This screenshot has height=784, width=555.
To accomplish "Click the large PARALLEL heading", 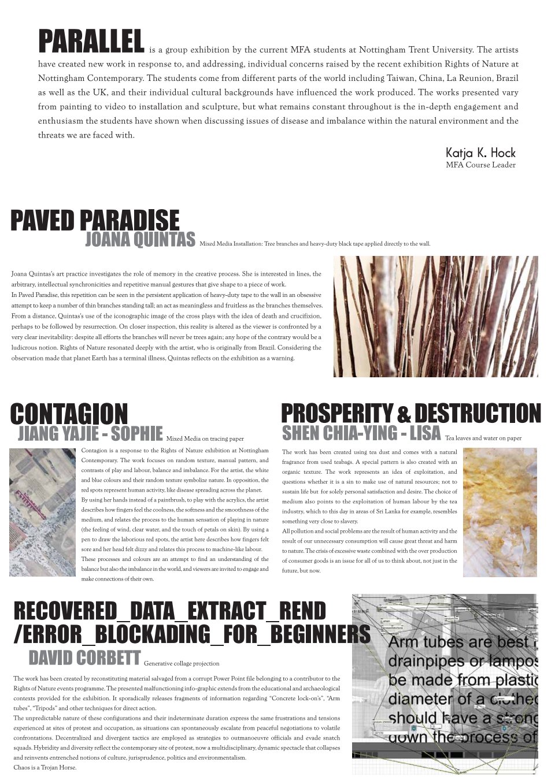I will point(91,41).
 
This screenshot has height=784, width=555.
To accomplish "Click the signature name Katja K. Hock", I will point(480,153).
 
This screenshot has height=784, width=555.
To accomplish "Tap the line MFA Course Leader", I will point(480,165).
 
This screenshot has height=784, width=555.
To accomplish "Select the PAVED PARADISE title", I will point(95,221).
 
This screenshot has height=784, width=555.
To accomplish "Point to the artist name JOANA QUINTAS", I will point(140,240).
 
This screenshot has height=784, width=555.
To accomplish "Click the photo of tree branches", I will point(435,317).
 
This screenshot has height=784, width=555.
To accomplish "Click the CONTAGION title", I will point(69,414).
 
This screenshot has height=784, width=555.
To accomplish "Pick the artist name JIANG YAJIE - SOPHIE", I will point(90,433).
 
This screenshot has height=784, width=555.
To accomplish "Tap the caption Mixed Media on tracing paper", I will point(205,439).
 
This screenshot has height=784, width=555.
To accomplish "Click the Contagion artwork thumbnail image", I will point(42,512).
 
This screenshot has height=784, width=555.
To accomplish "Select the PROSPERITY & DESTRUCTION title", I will point(410,414).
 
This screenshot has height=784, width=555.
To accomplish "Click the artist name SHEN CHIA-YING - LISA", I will point(361,433).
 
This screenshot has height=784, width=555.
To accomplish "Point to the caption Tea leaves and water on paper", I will point(491,439).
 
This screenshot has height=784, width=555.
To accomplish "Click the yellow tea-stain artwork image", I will point(499,512).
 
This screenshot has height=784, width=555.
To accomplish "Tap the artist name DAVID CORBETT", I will point(84,657).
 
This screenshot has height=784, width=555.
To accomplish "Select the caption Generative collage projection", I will point(182,664).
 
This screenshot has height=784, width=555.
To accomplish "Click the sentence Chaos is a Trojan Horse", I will point(45,768).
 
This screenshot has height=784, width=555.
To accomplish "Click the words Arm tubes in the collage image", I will point(422,642).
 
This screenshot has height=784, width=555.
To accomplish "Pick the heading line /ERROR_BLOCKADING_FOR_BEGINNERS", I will point(192,634).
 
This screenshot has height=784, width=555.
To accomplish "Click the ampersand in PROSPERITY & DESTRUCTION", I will point(404,415).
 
